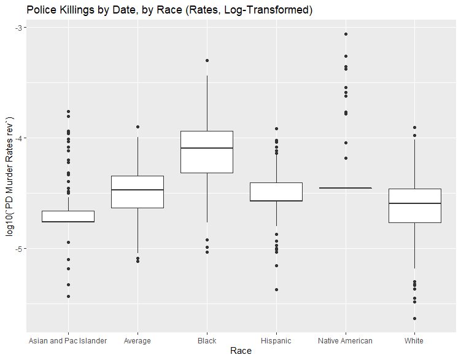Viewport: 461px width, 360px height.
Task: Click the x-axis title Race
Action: (240, 351)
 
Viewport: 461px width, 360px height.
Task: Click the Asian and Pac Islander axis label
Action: (68, 340)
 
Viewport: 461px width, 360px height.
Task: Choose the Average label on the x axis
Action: (137, 340)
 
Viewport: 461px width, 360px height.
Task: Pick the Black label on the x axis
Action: (207, 340)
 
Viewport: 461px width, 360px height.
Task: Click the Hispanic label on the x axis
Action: (276, 340)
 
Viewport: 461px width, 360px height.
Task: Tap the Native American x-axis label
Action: (345, 340)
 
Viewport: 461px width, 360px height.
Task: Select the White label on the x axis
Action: (414, 340)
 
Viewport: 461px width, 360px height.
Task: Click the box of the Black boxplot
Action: (207, 152)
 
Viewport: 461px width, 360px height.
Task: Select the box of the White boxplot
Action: (414, 205)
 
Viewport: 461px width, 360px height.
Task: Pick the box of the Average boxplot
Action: (137, 192)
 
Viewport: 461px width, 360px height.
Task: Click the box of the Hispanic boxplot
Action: (276, 192)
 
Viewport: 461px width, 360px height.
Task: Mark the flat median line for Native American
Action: (345, 188)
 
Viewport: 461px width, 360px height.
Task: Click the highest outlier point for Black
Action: (207, 60)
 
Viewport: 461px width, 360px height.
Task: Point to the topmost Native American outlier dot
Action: (346, 34)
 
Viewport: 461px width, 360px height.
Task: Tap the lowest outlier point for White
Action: (414, 318)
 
